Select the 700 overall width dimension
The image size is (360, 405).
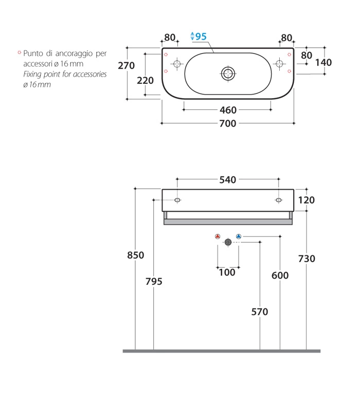(x=228, y=123)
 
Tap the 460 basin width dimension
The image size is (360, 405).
(x=228, y=110)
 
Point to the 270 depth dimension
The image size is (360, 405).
(x=127, y=66)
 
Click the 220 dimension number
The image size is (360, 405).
(x=145, y=81)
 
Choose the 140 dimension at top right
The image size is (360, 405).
(x=323, y=63)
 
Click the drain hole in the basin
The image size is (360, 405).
(x=228, y=73)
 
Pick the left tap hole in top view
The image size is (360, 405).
(x=177, y=64)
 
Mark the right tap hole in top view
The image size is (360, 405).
(x=279, y=64)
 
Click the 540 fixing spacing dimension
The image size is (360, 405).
(x=228, y=180)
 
